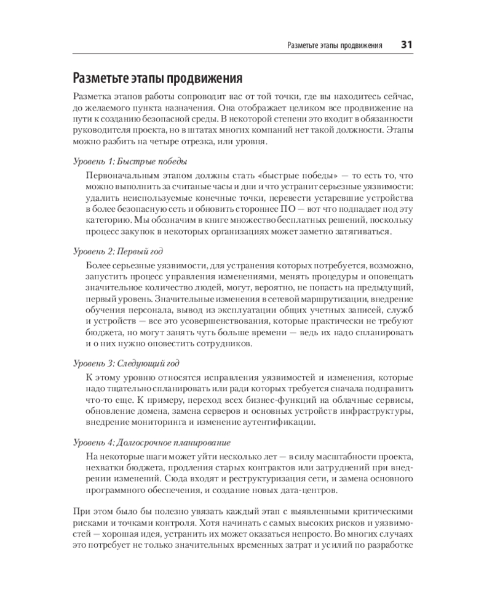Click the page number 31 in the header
tap(407, 45)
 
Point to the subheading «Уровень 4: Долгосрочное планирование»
tap(151, 442)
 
